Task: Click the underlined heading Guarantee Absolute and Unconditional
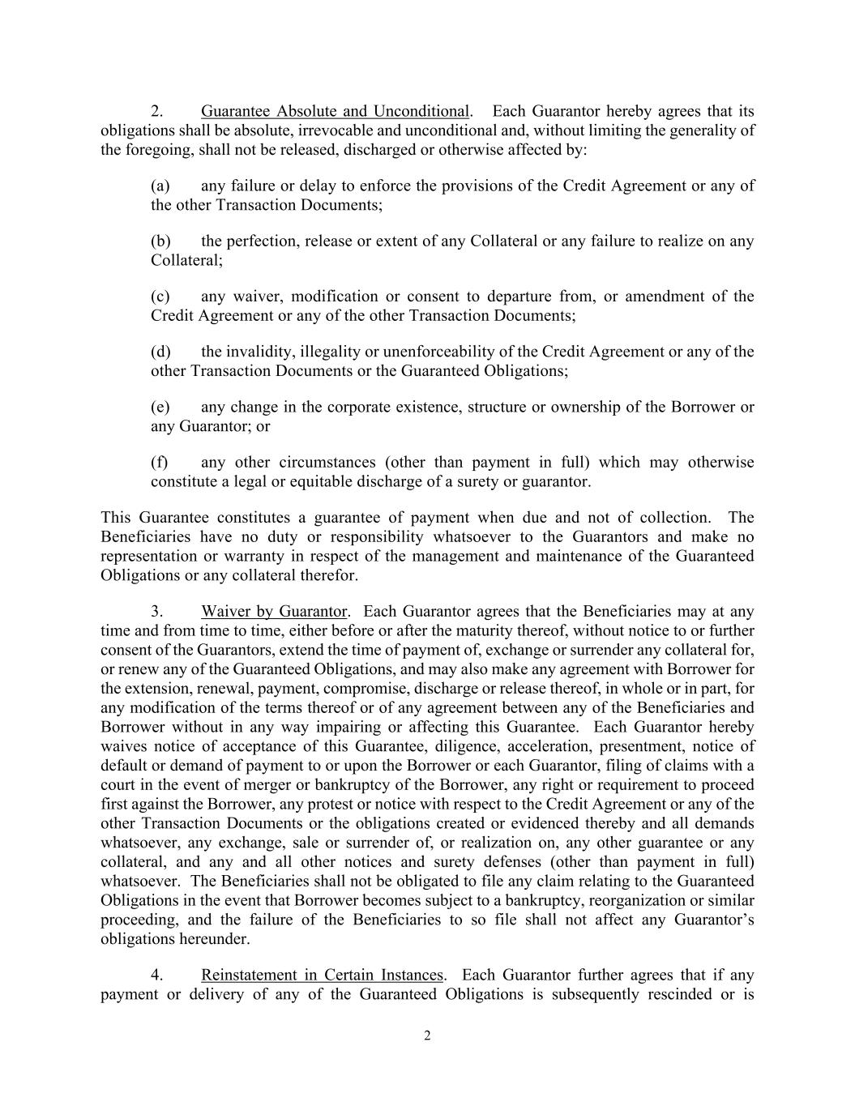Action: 335,111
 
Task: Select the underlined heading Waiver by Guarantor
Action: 275,611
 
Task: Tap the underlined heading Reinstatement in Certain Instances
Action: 323,975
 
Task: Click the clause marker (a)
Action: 160,186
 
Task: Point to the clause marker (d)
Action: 160,352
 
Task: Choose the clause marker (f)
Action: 159,463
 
